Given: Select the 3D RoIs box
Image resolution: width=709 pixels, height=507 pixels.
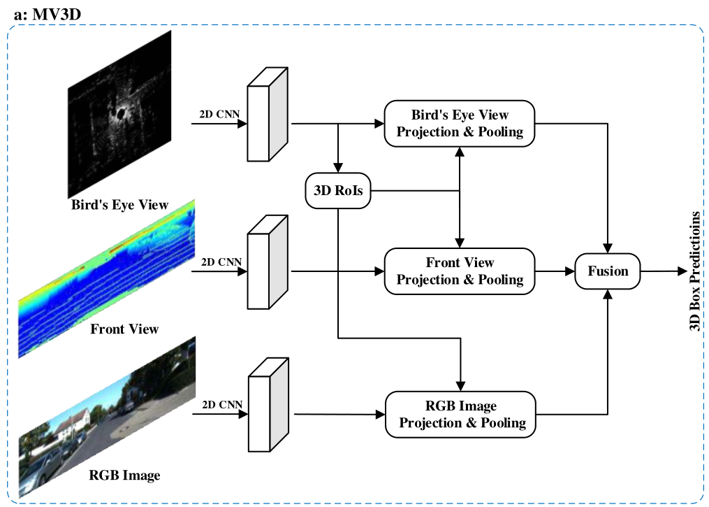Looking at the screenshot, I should tap(338, 190).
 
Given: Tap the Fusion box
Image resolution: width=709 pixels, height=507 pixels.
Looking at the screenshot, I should tap(608, 271).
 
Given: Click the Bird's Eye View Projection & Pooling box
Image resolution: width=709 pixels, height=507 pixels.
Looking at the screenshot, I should tap(460, 123).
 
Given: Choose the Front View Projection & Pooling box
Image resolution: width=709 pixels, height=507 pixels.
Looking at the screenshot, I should tap(460, 271).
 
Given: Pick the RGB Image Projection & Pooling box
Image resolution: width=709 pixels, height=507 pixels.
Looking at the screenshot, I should tap(462, 415).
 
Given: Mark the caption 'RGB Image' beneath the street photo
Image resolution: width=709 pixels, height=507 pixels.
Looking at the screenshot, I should tap(124, 476).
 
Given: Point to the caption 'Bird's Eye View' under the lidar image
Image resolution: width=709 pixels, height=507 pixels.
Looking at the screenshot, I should tap(119, 205).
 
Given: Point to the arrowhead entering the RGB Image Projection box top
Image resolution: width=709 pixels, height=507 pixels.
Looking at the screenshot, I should tap(460, 386).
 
